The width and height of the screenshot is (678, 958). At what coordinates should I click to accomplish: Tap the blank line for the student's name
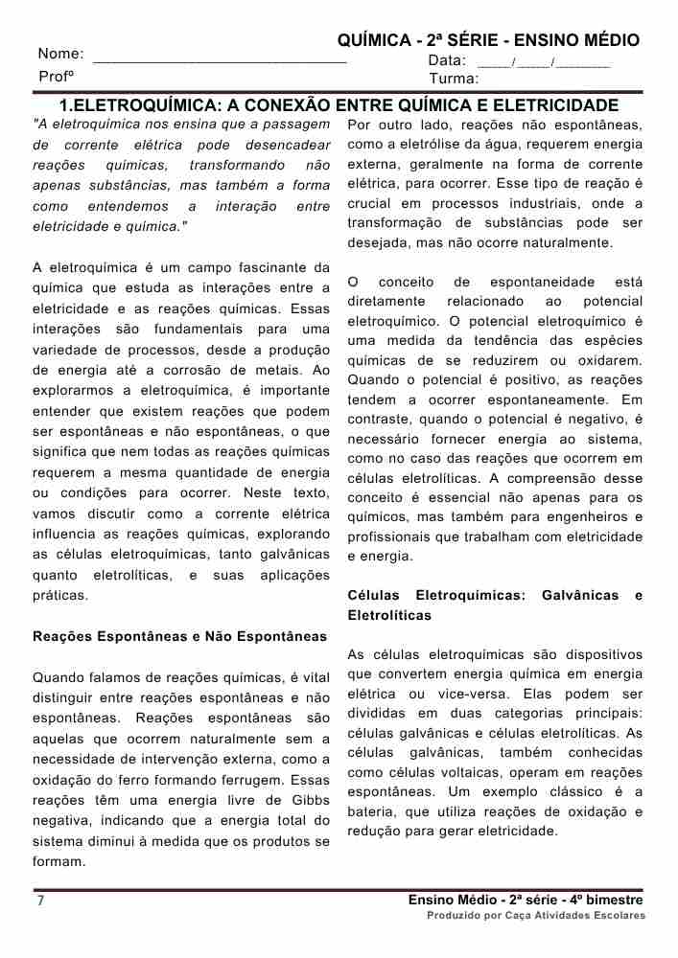(x=220, y=59)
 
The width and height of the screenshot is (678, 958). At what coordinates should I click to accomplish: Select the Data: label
(x=447, y=60)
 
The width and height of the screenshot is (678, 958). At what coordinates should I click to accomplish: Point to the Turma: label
(x=454, y=79)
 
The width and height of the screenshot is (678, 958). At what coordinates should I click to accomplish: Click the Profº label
(x=57, y=76)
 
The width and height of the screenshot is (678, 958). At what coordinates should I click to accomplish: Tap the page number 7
(x=40, y=901)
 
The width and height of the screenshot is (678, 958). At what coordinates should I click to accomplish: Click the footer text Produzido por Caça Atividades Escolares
(x=536, y=916)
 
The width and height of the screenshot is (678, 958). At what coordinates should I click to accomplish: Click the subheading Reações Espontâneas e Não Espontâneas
(x=179, y=635)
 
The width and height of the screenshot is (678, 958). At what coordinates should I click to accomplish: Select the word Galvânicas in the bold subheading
(x=580, y=596)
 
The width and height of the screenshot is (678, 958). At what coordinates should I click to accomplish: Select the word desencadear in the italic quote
(x=287, y=145)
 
